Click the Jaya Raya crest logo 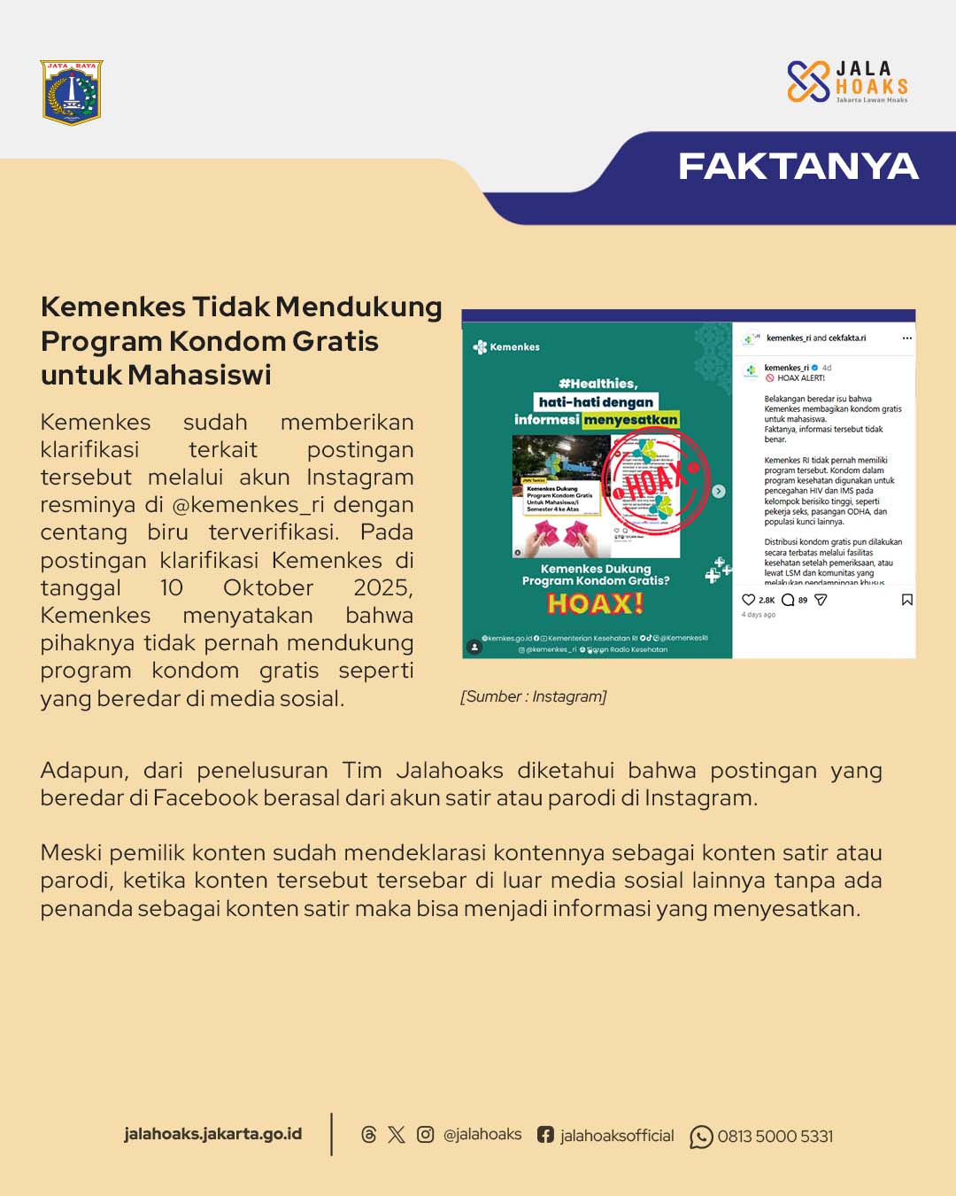tap(72, 92)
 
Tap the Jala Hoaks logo tap(847, 82)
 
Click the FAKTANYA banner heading tap(798, 167)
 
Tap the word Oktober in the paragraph tap(268, 588)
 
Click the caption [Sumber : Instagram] tap(533, 696)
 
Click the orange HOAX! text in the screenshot tap(596, 604)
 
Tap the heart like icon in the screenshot tap(748, 600)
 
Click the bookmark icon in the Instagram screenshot tap(906, 600)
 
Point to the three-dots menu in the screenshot tap(906, 338)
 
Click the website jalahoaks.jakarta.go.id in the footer tap(212, 1134)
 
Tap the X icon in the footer tap(397, 1135)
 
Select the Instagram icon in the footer tap(425, 1135)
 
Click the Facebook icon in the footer tap(545, 1135)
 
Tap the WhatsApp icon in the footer tap(701, 1137)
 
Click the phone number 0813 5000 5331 tap(775, 1137)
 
